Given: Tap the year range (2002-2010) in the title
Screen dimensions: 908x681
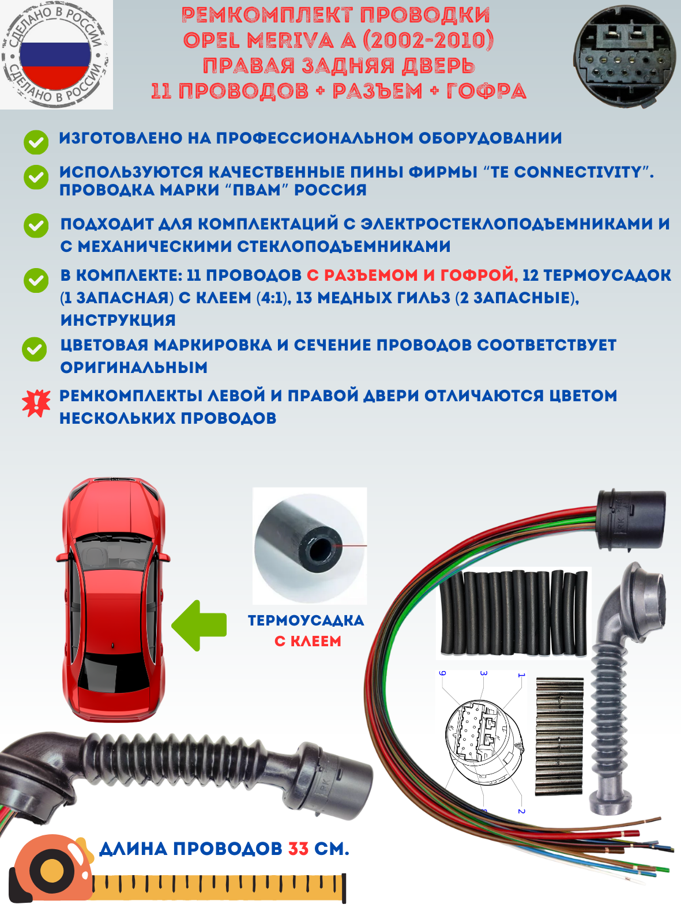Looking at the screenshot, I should pos(428,40).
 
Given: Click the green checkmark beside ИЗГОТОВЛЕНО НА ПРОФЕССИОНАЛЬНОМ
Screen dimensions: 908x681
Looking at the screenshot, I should pos(36,142).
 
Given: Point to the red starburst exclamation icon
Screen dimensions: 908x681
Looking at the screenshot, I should pos(36,403).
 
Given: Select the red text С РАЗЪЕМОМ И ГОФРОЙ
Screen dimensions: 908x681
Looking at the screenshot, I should pos(412,275).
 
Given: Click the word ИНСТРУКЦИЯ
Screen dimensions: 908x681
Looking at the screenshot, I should pos(118,320).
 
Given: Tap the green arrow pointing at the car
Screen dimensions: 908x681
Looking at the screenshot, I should pos(199,626).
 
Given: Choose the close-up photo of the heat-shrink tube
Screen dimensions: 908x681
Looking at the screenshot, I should pos(310,545).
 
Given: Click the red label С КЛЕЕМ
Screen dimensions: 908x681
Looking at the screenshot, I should pos(308,641).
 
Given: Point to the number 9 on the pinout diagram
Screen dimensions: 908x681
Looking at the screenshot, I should pos(443,673).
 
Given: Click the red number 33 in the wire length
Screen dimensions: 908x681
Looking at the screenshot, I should pos(298,849).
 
